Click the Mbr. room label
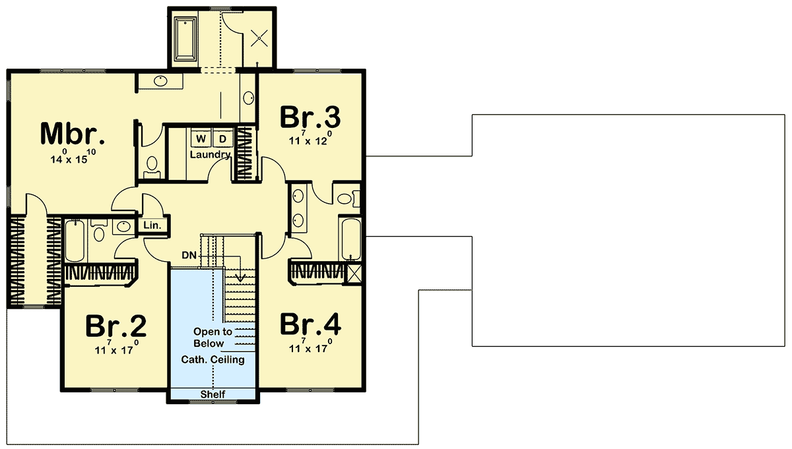73,134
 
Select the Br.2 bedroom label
116,326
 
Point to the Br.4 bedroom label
310,324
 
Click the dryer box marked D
222,139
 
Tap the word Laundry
210,155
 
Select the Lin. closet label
152,225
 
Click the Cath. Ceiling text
213,359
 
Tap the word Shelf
213,394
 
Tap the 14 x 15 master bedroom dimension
72,159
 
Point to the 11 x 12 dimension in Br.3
310,140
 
